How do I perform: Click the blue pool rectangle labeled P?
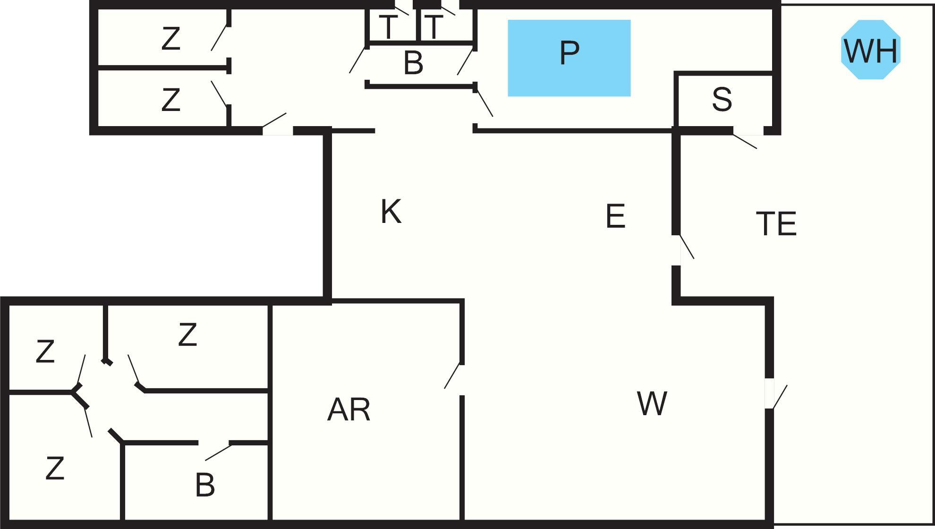[569, 58]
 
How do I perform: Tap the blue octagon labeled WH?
[871, 50]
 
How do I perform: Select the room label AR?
[348, 410]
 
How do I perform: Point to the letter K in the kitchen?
[391, 211]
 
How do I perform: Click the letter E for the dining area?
[615, 216]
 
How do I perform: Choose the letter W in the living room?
[652, 403]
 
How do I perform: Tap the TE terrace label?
[776, 223]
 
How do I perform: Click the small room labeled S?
[722, 99]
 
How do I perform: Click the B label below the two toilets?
[413, 63]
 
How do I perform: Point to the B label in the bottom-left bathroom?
[205, 485]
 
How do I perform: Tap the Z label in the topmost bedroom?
[170, 38]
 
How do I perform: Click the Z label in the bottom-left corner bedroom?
[55, 468]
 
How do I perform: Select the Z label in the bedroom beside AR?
[187, 334]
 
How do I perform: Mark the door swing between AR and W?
[452, 375]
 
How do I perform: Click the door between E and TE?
[687, 247]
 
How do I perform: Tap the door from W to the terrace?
[779, 397]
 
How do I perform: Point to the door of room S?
[745, 141]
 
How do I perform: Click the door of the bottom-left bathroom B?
[218, 452]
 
